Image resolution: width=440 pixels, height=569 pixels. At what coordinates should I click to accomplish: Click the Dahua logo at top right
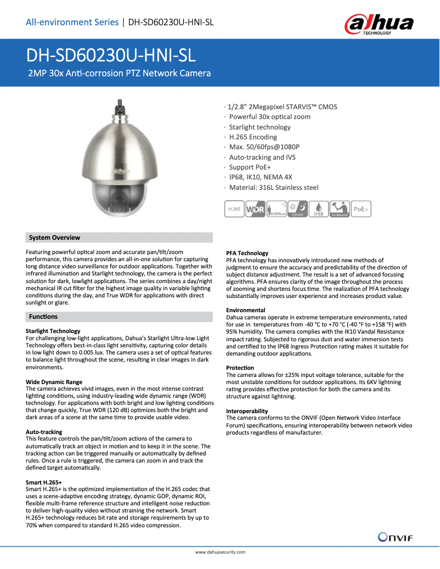point(379,24)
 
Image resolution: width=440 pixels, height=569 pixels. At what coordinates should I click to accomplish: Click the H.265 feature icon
point(234,209)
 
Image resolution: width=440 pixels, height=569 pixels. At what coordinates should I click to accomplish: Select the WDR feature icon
point(256,209)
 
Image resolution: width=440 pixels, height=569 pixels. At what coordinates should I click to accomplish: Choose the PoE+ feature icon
point(360,209)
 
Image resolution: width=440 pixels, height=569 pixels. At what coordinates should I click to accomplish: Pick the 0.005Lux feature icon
point(277,209)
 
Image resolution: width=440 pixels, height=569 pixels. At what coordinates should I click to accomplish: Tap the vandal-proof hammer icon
point(340,209)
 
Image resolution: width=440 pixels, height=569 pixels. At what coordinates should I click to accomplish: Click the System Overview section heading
point(54,238)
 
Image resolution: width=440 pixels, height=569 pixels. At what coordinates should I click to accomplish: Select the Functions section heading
point(43,317)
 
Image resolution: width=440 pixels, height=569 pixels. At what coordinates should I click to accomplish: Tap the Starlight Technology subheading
point(53,331)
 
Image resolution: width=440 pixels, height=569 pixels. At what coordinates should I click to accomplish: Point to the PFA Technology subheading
point(247,253)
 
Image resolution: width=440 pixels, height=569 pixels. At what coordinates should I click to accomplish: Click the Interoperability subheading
point(247,411)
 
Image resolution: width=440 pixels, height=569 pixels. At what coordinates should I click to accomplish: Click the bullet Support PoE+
point(250,167)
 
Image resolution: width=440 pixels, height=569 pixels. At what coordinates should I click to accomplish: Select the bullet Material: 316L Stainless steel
point(273,187)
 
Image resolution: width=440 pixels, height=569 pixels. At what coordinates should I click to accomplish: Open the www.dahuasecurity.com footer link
point(220,552)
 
